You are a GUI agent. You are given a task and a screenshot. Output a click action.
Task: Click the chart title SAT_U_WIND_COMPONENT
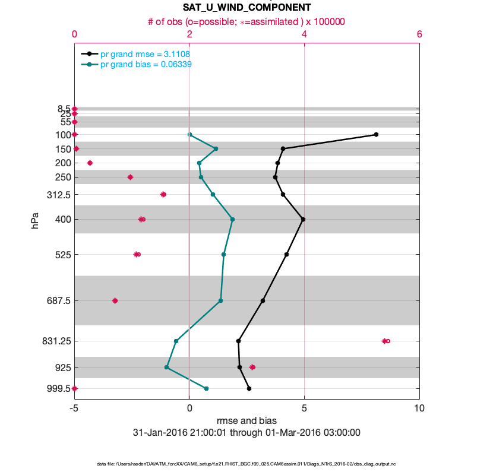[246, 8]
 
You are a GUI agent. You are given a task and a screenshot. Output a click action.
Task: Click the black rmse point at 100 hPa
[376, 135]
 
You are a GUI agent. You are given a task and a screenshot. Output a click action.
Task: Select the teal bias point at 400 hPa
[232, 219]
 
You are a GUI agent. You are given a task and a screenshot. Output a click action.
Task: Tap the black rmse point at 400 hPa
[303, 219]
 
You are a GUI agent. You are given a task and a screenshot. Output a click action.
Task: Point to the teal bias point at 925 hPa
[167, 368]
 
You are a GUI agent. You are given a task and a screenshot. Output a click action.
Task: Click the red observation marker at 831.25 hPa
[385, 341]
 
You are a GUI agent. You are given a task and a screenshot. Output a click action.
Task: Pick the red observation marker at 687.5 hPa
[115, 300]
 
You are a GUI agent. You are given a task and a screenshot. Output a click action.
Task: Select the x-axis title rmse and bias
[246, 421]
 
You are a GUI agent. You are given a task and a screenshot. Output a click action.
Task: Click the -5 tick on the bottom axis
[74, 408]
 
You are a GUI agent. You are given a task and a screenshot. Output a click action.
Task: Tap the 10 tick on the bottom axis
[419, 408]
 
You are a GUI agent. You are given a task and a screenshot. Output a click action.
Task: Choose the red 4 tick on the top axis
[304, 34]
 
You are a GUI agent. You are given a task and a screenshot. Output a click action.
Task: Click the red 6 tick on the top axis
[419, 34]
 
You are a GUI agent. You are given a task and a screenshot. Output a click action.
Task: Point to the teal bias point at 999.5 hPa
[206, 388]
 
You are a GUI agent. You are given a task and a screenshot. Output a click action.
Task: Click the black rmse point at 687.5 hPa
[263, 300]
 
